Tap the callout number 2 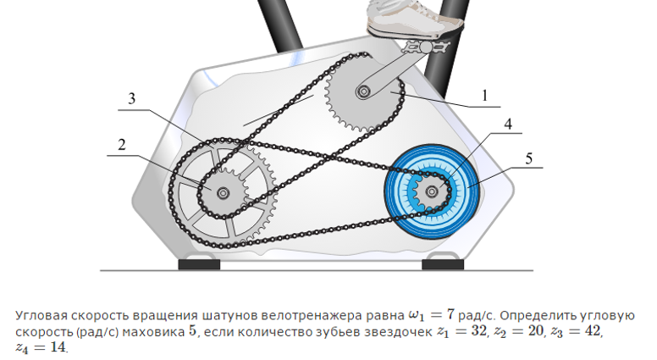click(122, 145)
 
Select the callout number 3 click(132, 99)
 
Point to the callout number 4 click(508, 124)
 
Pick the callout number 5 click(528, 158)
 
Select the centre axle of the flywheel click(433, 191)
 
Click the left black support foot click(199, 264)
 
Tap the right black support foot click(442, 264)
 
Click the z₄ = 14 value click(40, 347)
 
